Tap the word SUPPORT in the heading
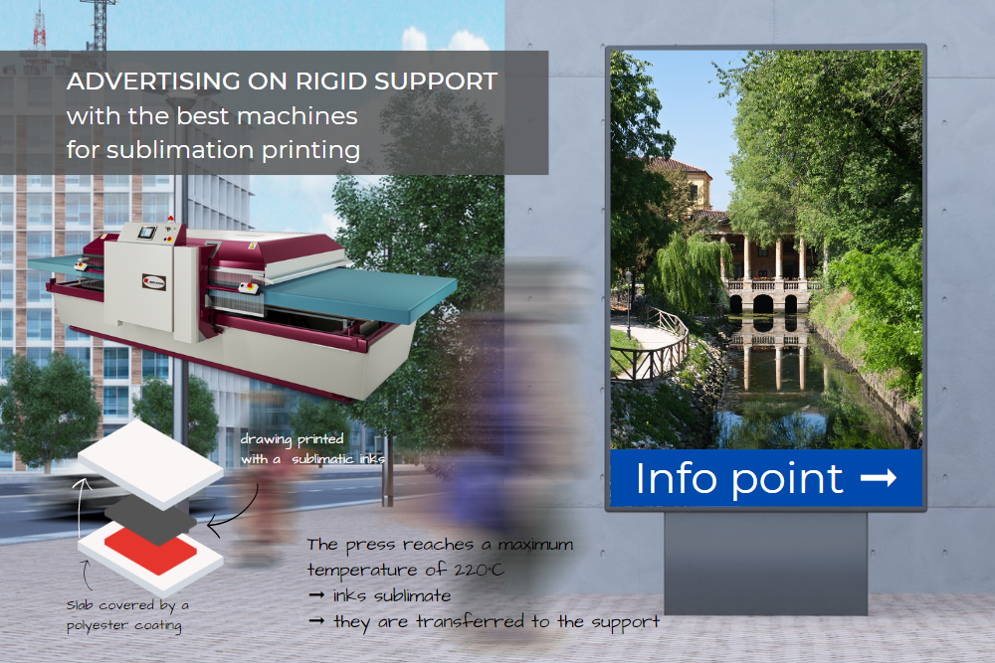coord(436,82)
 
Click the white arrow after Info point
coord(879,477)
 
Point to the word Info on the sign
coord(676,477)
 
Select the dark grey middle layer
coord(150,519)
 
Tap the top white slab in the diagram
coord(150,464)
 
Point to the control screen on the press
coord(147,233)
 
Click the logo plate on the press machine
coord(154,282)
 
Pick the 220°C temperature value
coord(480,570)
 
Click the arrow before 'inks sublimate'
coord(316,595)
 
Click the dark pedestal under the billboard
coord(765,563)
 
